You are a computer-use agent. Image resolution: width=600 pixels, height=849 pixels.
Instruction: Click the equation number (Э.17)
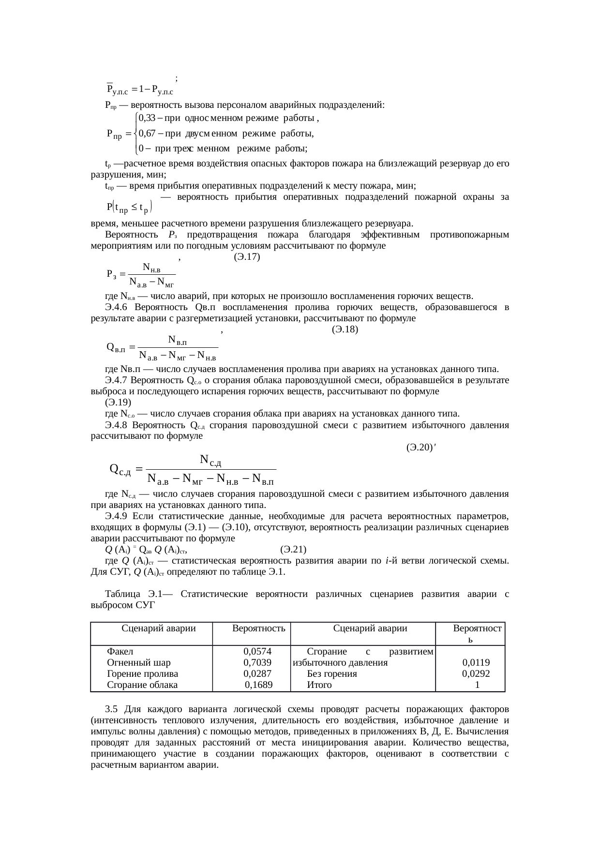pyautogui.click(x=247, y=257)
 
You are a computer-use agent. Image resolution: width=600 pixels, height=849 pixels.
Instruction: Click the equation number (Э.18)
pyautogui.click(x=345, y=330)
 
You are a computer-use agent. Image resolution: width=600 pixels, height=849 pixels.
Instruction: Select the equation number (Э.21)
pyautogui.click(x=293, y=550)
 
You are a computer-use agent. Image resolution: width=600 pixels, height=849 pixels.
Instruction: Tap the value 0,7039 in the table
pyautogui.click(x=257, y=662)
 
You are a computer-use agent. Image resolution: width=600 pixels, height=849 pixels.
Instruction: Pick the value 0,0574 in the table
pyautogui.click(x=257, y=651)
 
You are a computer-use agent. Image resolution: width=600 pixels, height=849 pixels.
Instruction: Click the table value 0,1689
pyautogui.click(x=259, y=685)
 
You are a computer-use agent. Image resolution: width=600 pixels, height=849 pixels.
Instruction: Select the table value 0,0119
pyautogui.click(x=476, y=662)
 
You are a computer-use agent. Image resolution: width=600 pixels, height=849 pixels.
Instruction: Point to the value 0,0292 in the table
pyautogui.click(x=476, y=673)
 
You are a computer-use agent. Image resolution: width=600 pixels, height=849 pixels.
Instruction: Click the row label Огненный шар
pyautogui.click(x=139, y=662)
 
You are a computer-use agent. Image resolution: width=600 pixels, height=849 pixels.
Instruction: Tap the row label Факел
pyautogui.click(x=120, y=651)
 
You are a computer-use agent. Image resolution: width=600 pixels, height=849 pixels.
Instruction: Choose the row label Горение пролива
pyautogui.click(x=142, y=673)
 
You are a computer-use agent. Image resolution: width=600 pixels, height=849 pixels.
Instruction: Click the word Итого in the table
pyautogui.click(x=319, y=685)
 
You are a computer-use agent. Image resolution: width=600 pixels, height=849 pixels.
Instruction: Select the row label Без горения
pyautogui.click(x=332, y=673)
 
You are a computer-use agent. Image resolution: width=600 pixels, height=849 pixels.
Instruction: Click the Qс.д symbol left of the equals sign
pyautogui.click(x=120, y=469)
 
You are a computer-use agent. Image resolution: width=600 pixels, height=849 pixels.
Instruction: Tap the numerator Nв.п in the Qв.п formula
pyautogui.click(x=178, y=340)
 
